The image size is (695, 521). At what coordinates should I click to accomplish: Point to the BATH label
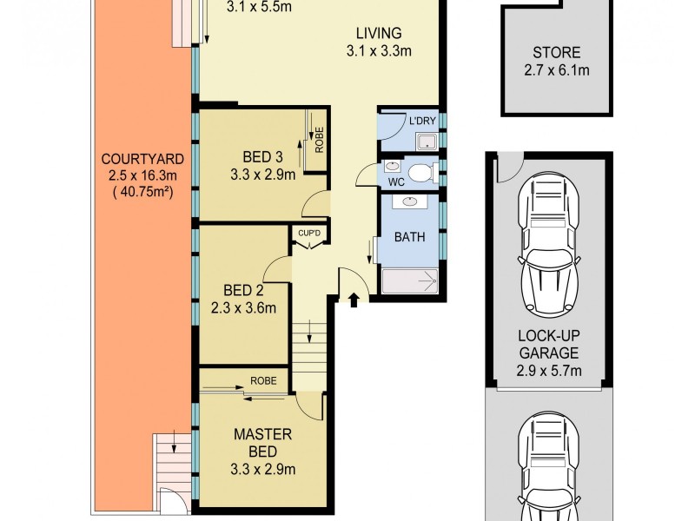(408, 235)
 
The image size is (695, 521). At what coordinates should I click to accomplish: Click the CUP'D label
(309, 234)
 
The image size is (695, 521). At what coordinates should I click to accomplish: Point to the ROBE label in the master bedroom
(262, 379)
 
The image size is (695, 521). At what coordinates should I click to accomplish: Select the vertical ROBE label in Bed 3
(319, 141)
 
